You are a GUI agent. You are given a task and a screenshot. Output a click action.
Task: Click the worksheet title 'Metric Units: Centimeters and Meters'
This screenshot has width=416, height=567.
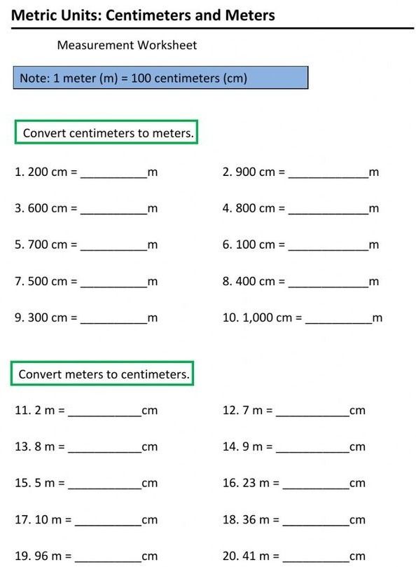point(144,15)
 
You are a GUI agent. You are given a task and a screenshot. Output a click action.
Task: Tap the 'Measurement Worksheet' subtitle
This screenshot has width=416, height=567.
point(127,46)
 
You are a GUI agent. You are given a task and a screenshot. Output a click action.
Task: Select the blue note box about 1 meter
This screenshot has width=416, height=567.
point(160,78)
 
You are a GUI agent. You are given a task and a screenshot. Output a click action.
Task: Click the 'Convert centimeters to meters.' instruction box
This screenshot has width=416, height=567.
point(106,132)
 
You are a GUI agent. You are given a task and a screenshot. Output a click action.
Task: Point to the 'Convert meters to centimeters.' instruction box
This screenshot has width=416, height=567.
point(102,374)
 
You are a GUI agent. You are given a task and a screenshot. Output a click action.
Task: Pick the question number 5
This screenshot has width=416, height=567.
point(19,245)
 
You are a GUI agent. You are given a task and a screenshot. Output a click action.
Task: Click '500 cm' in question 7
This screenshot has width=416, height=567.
point(48,281)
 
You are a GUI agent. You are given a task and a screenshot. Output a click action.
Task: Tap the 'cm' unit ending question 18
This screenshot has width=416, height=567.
point(357,520)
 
